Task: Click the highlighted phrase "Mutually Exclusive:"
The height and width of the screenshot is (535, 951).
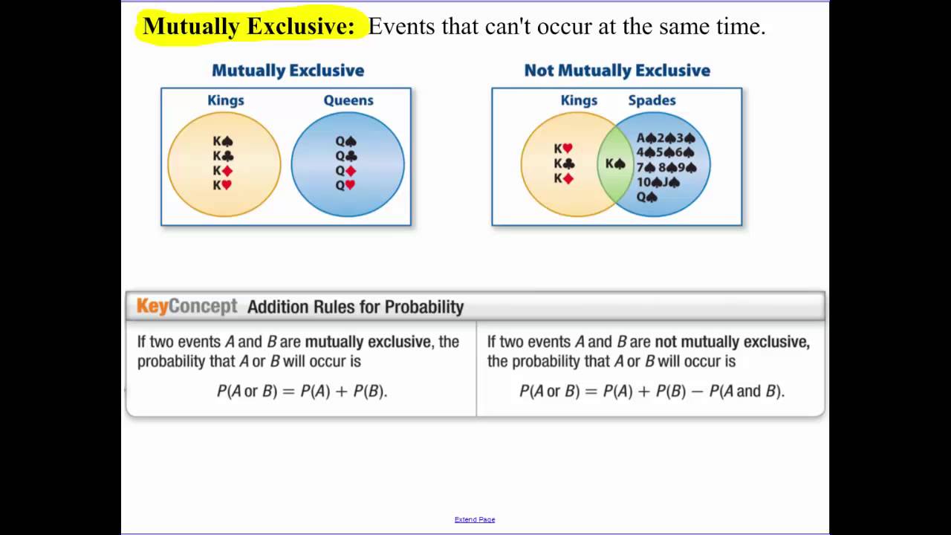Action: coord(249,27)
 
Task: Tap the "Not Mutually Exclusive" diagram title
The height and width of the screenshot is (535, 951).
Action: coord(617,71)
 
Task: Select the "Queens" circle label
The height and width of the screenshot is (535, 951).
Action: coord(348,100)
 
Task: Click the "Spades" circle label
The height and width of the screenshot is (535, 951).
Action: coord(652,100)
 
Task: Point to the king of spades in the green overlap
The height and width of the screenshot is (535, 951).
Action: coord(615,163)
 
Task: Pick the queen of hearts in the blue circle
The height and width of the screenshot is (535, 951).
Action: coord(345,185)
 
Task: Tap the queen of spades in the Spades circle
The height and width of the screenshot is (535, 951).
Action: coord(647,197)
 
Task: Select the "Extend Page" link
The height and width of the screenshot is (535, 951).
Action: coord(475,519)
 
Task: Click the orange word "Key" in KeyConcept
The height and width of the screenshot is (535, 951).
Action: coord(152,306)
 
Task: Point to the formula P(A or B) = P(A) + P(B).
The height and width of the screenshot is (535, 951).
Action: coord(302,391)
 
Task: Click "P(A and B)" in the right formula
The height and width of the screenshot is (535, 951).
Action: coord(746,391)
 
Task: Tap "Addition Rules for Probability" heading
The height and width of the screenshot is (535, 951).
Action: coord(355,307)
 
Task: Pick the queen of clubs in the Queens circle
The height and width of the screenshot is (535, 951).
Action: coord(345,156)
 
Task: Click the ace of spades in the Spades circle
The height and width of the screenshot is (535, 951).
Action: coord(646,137)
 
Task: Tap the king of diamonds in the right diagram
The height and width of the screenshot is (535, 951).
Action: coord(563,178)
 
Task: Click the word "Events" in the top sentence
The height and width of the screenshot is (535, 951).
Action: coord(401,27)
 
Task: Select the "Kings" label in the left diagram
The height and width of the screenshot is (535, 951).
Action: coord(226,100)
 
